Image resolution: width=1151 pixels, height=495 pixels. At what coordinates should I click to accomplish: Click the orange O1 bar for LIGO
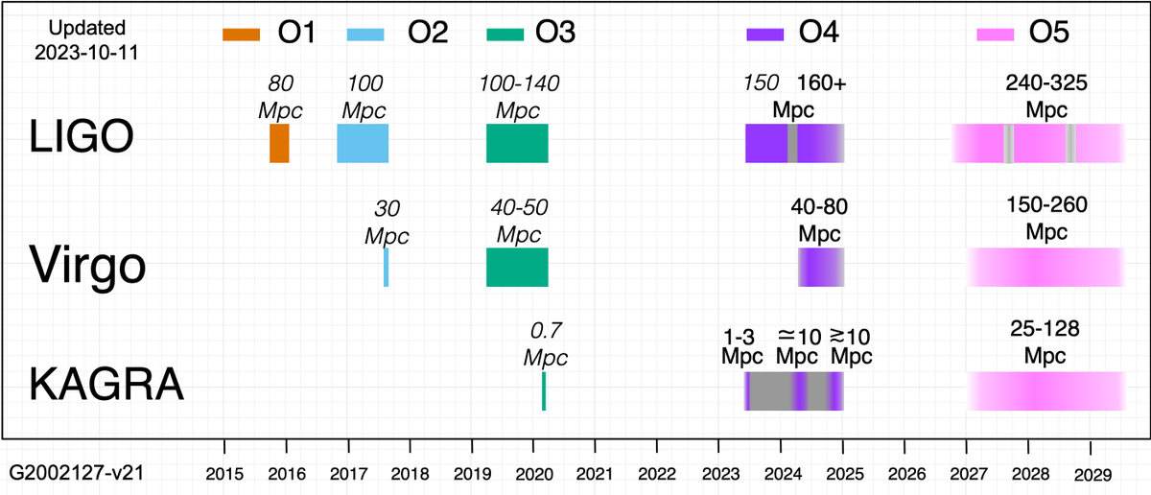279,143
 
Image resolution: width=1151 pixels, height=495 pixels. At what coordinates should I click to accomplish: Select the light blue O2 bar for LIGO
363,143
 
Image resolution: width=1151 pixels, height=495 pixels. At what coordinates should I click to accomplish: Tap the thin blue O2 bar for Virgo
387,267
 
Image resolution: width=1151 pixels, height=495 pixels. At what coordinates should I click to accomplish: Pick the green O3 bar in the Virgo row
517,267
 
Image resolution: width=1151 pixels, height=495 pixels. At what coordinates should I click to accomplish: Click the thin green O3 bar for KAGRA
544,390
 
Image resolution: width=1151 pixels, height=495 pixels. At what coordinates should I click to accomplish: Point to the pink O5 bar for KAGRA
1045,390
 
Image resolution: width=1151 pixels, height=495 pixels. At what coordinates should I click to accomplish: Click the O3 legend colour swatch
505,35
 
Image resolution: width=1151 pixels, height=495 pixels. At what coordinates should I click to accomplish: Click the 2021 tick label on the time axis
595,473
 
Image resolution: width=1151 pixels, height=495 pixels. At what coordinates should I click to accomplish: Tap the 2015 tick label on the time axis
223,473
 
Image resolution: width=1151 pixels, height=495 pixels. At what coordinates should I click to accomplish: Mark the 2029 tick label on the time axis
1091,473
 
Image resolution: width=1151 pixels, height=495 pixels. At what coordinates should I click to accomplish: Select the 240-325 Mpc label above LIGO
1046,96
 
